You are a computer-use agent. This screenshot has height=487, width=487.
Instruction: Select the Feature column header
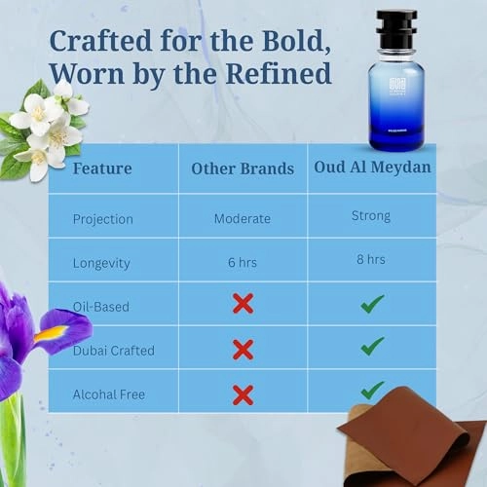coord(104,168)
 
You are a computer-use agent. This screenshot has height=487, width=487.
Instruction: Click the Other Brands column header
coord(243,168)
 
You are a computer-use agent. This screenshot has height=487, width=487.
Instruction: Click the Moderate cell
coord(243,218)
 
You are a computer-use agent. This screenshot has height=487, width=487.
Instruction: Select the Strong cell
coord(371,216)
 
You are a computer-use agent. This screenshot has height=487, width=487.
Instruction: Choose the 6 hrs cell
coord(243,261)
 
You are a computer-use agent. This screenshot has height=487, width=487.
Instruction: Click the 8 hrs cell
coord(371,260)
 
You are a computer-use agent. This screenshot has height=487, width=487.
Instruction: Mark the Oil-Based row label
coord(101,306)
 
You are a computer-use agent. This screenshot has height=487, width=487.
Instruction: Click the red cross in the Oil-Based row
coord(243,304)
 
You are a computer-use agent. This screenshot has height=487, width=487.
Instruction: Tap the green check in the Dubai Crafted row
coord(371,348)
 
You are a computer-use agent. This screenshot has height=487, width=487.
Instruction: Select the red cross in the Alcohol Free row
coord(243,393)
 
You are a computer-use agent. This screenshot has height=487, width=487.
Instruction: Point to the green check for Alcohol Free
coord(371,390)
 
